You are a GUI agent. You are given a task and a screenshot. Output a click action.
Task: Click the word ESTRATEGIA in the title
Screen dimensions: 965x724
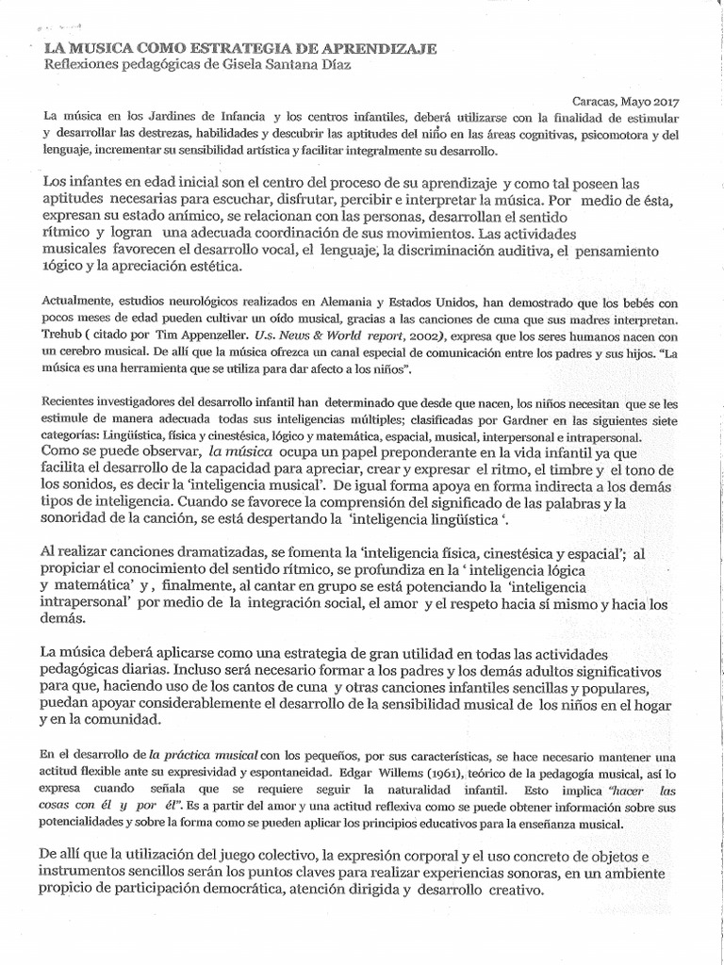tap(213, 47)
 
